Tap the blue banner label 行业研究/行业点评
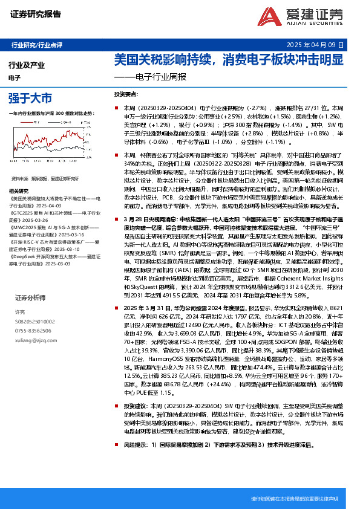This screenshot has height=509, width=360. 36,45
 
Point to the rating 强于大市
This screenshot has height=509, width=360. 30,98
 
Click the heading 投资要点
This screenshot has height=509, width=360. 126,95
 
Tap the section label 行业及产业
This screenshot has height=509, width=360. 27,64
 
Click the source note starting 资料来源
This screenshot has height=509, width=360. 45,178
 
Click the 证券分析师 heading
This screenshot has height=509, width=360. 30,298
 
